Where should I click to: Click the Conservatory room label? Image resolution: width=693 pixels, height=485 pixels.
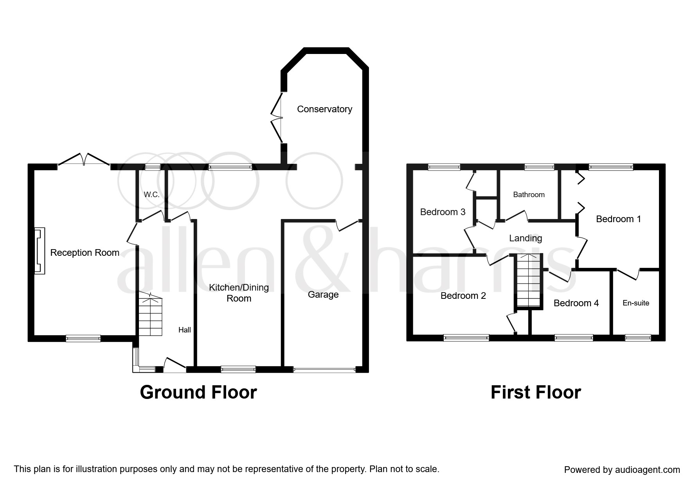coord(324,109)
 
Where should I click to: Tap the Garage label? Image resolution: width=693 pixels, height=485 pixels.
coord(323,295)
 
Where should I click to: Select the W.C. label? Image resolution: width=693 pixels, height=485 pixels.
coord(152,194)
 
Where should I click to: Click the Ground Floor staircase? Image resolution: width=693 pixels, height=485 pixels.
coord(150,315)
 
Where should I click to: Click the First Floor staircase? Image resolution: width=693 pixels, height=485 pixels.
coord(528,281)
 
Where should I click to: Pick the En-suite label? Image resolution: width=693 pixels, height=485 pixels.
coord(636,303)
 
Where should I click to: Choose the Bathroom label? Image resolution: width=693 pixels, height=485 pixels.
coord(529,194)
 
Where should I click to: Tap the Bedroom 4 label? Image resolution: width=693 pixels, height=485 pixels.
coord(576,303)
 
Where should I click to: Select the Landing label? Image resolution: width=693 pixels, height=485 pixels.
coord(526,238)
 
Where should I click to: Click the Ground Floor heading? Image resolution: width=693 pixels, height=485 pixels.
coord(198,392)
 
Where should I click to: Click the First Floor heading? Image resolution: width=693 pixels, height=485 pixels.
coord(536,392)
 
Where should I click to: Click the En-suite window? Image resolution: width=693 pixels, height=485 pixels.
coord(638,338)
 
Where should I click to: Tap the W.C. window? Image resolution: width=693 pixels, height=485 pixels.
coord(153,167)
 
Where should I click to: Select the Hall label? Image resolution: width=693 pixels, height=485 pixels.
coord(185,330)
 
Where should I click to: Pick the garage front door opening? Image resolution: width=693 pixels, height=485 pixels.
coord(324,369)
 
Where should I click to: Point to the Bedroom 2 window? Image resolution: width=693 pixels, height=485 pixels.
coord(466,338)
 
